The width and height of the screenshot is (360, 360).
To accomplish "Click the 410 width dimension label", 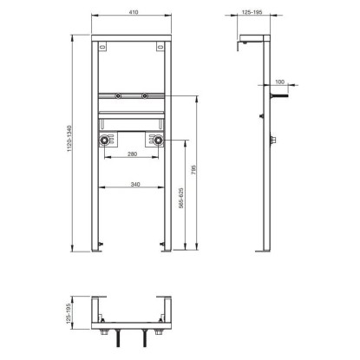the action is pyautogui.click(x=134, y=12).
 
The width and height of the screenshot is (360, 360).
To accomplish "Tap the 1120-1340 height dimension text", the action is pyautogui.click(x=69, y=139).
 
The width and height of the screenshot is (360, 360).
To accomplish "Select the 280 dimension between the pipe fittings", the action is pyautogui.click(x=132, y=154).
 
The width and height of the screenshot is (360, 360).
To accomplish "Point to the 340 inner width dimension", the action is pyautogui.click(x=135, y=184).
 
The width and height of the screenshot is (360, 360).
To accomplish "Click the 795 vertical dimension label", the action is pyautogui.click(x=193, y=170).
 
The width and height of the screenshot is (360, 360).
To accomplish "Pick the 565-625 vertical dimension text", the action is pyautogui.click(x=180, y=198).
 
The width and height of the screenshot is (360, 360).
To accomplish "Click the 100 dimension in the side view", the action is pyautogui.click(x=279, y=82).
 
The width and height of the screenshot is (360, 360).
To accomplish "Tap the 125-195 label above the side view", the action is pyautogui.click(x=252, y=12).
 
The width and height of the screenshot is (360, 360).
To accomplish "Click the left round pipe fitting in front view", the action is pyautogui.click(x=104, y=141).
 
